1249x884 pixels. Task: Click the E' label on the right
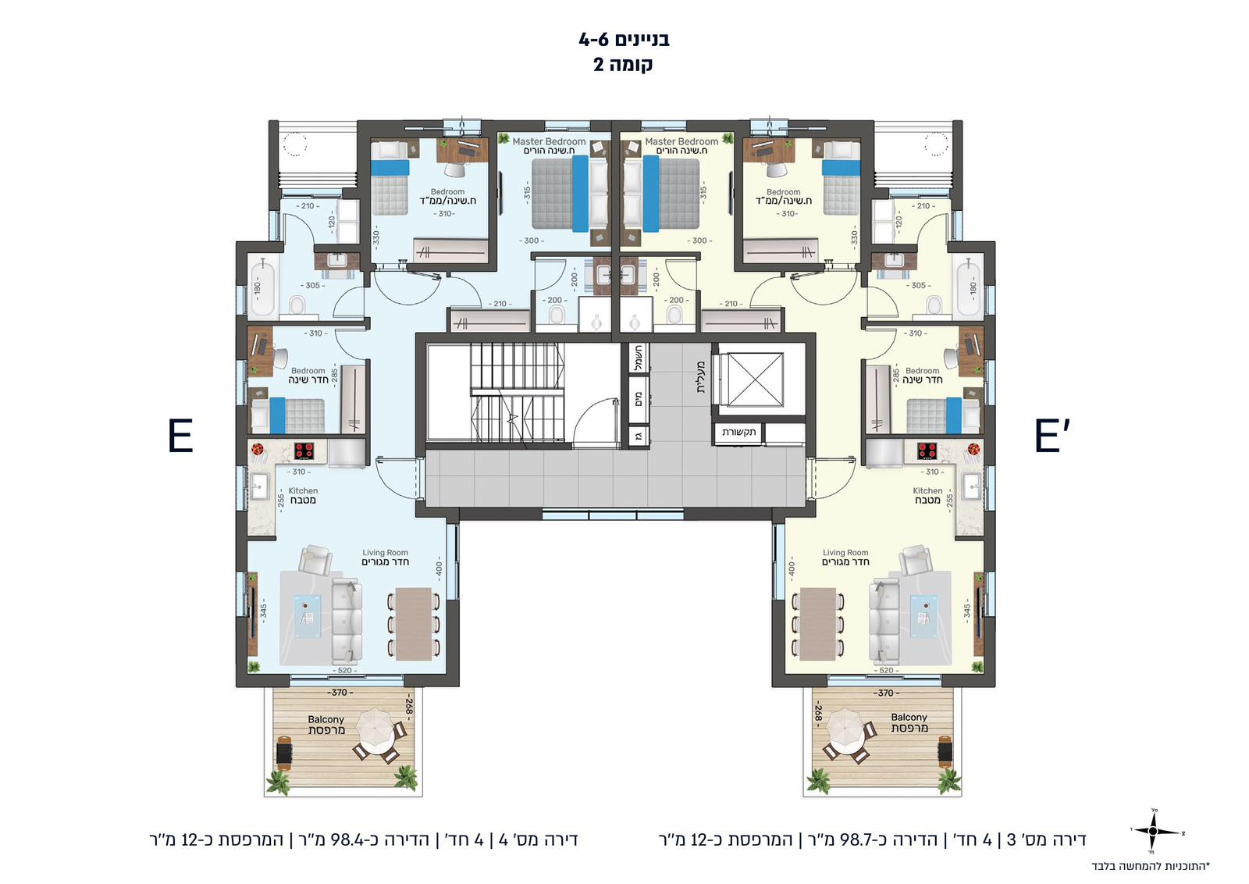pos(1051,436)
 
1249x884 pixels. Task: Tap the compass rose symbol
pos(1153,831)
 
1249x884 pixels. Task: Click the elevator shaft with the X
pos(749,380)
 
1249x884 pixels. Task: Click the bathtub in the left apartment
pos(261,287)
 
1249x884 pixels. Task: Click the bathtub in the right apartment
pos(968,287)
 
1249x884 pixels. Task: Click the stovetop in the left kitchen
pos(304,451)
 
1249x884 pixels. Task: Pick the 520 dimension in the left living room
pos(344,670)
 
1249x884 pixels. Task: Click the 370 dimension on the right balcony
pos(885,693)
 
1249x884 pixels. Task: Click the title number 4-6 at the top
pos(592,39)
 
